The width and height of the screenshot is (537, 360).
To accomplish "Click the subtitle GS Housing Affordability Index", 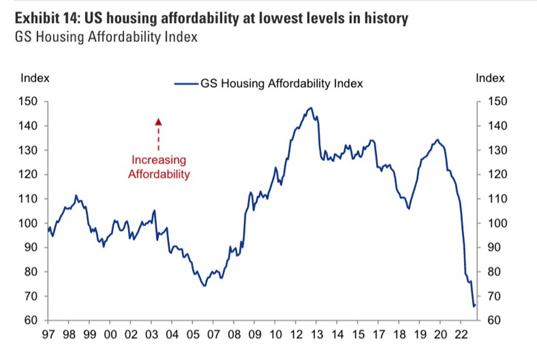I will (106, 37).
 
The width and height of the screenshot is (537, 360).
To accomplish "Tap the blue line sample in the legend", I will (186, 84).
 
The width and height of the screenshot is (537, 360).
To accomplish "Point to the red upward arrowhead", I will (158, 122).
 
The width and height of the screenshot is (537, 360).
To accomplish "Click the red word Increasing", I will (158, 160).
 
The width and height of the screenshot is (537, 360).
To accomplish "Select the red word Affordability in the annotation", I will (159, 175).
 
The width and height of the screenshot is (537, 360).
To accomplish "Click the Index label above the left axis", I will (35, 78).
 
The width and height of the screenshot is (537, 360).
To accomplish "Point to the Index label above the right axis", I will (490, 78).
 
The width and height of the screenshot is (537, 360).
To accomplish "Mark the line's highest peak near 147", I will (310, 108).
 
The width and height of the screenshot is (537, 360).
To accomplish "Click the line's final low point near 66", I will (474, 306).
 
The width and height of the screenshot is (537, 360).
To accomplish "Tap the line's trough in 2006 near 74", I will (204, 286).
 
